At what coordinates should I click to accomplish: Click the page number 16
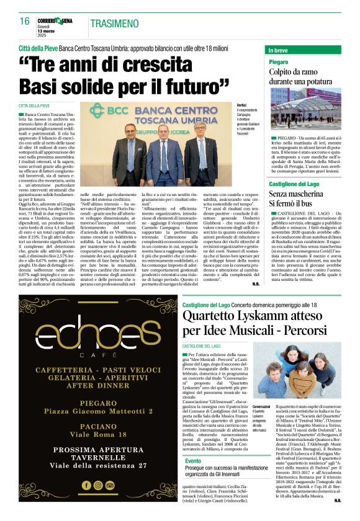coord(24,21)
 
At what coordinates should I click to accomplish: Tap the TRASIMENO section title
coord(114,23)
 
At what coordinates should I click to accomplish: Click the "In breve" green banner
coord(307,50)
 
